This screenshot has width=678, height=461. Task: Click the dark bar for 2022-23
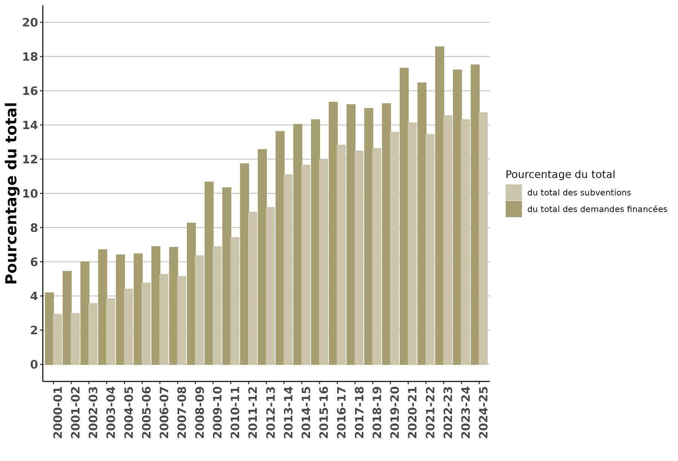pyautogui.click(x=440, y=205)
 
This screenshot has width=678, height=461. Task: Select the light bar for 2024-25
pyautogui.click(x=483, y=238)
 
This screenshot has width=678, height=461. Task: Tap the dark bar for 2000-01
pyautogui.click(x=49, y=328)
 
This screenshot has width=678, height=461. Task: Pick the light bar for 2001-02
pyautogui.click(x=75, y=339)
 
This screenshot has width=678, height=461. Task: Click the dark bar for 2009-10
pyautogui.click(x=209, y=273)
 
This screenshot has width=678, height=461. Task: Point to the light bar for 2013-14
pyautogui.click(x=288, y=269)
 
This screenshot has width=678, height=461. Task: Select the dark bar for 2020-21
pyautogui.click(x=404, y=216)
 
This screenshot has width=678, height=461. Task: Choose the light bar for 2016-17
pyautogui.click(x=341, y=255)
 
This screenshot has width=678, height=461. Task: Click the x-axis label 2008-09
pyautogui.click(x=200, y=412)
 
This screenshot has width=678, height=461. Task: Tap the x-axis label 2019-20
pyautogui.click(x=395, y=412)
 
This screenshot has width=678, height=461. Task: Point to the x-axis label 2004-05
pyautogui.click(x=128, y=412)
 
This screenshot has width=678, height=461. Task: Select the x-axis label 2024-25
pyautogui.click(x=483, y=412)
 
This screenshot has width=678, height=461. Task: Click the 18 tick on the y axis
pyautogui.click(x=31, y=57)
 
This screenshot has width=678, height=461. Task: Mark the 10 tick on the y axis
pyautogui.click(x=31, y=194)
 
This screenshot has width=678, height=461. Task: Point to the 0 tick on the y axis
pyautogui.click(x=34, y=365)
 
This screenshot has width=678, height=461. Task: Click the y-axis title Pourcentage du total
pyautogui.click(x=12, y=193)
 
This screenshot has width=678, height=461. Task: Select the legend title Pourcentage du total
pyautogui.click(x=560, y=175)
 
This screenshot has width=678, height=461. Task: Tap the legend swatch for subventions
pyautogui.click(x=513, y=192)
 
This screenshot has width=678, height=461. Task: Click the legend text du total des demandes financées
pyautogui.click(x=597, y=209)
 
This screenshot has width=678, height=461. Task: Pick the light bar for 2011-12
pyautogui.click(x=253, y=288)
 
